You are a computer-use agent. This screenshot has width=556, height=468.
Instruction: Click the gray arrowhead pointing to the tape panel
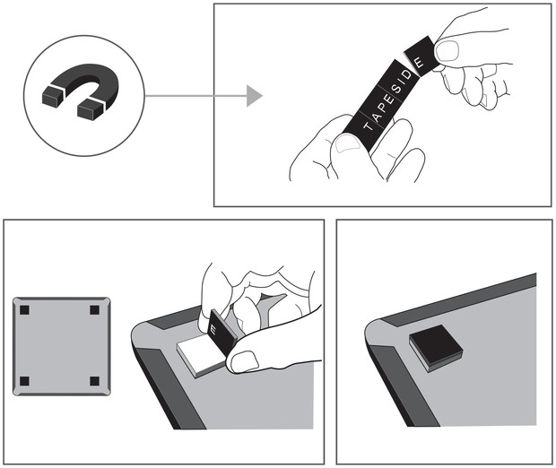[x=255, y=96]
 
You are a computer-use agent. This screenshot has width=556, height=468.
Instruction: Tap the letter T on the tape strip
[x=368, y=126]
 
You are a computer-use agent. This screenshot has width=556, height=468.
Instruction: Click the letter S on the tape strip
[x=397, y=88]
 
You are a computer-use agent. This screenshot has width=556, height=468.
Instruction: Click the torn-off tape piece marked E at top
[x=421, y=56]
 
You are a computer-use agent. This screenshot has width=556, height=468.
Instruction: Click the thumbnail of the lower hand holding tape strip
[x=347, y=144]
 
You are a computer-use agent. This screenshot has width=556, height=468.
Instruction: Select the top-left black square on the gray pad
[x=24, y=310]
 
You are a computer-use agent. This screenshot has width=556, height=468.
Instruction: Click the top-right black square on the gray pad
[x=94, y=310]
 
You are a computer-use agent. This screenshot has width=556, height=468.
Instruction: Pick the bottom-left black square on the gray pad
[x=24, y=381]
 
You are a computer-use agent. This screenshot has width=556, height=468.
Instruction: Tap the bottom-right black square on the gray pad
[x=94, y=381]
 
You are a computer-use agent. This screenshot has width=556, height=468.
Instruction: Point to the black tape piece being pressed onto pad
[x=222, y=330]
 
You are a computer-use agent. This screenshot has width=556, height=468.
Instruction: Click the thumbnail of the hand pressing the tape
[x=244, y=361]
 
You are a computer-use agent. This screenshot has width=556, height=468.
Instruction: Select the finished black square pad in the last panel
[x=436, y=348]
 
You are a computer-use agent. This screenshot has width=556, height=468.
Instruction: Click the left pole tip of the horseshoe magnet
[x=52, y=95]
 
